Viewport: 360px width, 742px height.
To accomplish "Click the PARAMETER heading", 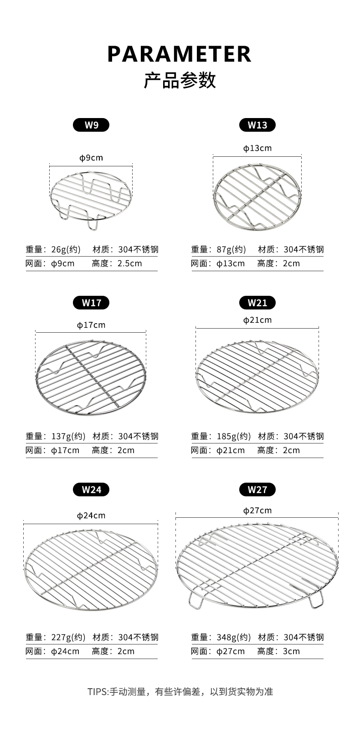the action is (179, 54).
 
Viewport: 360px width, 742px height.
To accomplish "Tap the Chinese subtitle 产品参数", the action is (180, 80).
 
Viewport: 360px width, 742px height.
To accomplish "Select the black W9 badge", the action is (91, 125).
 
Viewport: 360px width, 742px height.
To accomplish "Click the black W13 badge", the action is (257, 125).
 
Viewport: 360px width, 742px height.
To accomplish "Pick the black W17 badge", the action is (91, 303).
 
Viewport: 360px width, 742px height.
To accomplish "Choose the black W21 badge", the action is (257, 303).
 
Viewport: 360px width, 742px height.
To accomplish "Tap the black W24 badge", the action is (91, 489).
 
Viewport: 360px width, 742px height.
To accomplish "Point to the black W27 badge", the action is (257, 489).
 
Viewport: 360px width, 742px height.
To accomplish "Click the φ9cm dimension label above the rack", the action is (91, 158).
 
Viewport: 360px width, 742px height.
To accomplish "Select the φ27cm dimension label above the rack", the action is (257, 510).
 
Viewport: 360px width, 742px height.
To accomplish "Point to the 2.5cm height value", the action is (130, 263).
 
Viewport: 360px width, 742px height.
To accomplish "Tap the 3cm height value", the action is (292, 651).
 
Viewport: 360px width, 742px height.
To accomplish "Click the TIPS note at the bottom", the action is (180, 692).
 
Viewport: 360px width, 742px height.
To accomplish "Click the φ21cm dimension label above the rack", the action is (257, 320).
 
